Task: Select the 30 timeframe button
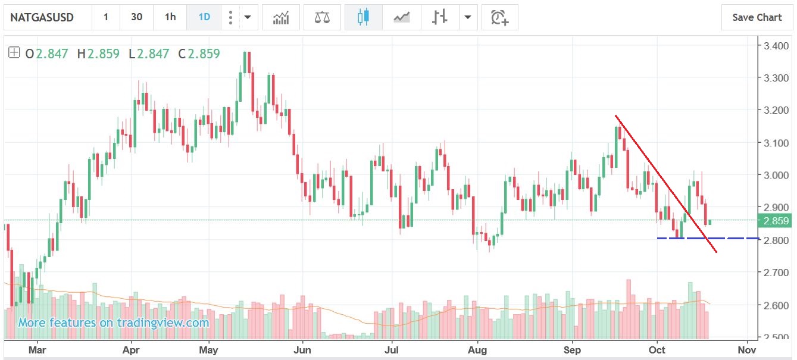coord(136,17)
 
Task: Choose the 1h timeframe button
coord(170,17)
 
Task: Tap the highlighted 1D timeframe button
coord(204,17)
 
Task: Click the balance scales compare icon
coord(322,17)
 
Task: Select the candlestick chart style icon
coord(363,17)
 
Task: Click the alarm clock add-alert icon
coord(499,17)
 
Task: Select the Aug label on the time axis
coord(477,350)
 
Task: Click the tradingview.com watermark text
coord(113,323)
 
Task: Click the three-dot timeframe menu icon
coord(230,17)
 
